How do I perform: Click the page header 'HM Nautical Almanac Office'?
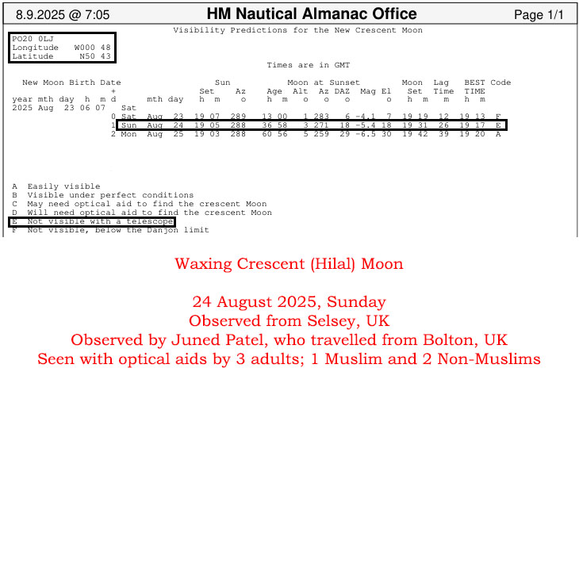coord(311,14)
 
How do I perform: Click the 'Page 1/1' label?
coord(539,15)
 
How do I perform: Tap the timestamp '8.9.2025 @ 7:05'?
coord(63,15)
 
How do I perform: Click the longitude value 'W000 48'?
coord(92,48)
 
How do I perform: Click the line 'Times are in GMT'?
coord(308,65)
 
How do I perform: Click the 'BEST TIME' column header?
coord(474,86)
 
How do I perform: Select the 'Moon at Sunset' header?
coord(323,82)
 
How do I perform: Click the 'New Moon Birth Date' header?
coord(71,82)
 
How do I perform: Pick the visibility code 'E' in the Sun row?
coord(498,125)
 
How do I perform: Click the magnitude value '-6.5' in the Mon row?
coord(366,134)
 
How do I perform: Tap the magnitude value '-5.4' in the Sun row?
coord(366,125)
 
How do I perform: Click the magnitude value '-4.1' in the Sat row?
coord(366,117)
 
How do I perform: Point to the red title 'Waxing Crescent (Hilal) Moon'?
coord(289,263)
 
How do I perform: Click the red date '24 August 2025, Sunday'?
coord(289,301)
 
